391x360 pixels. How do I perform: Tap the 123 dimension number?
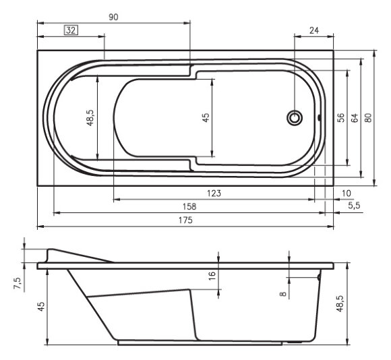(214, 193)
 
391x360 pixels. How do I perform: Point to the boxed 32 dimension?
(71, 30)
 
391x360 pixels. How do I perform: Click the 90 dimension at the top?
(113, 18)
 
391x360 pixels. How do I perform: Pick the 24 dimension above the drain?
(313, 30)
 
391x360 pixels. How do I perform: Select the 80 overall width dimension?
(368, 117)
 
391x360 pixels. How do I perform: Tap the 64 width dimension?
(354, 117)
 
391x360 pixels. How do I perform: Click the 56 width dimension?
(341, 117)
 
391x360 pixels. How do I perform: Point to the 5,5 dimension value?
(353, 206)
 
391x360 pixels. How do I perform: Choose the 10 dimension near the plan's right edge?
(347, 193)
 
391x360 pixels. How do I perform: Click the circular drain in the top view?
(295, 117)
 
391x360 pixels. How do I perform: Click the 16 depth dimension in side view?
(211, 276)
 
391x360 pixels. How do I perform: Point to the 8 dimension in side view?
(283, 293)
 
